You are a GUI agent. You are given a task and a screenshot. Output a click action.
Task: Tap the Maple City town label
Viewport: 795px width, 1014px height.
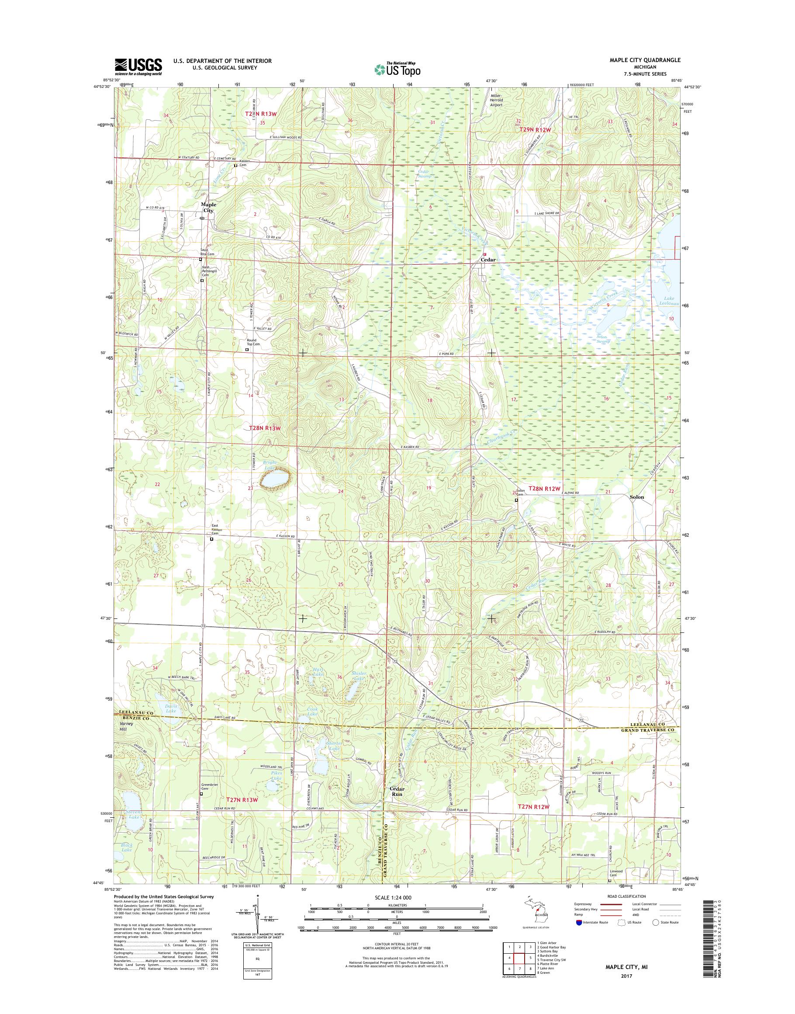point(207,207)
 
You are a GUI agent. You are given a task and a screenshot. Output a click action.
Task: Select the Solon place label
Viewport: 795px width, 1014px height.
point(637,497)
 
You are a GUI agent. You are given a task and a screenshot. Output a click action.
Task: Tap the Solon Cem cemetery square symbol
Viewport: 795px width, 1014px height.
point(516,500)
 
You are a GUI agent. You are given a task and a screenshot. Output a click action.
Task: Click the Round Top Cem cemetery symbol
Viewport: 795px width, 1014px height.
point(247,349)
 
